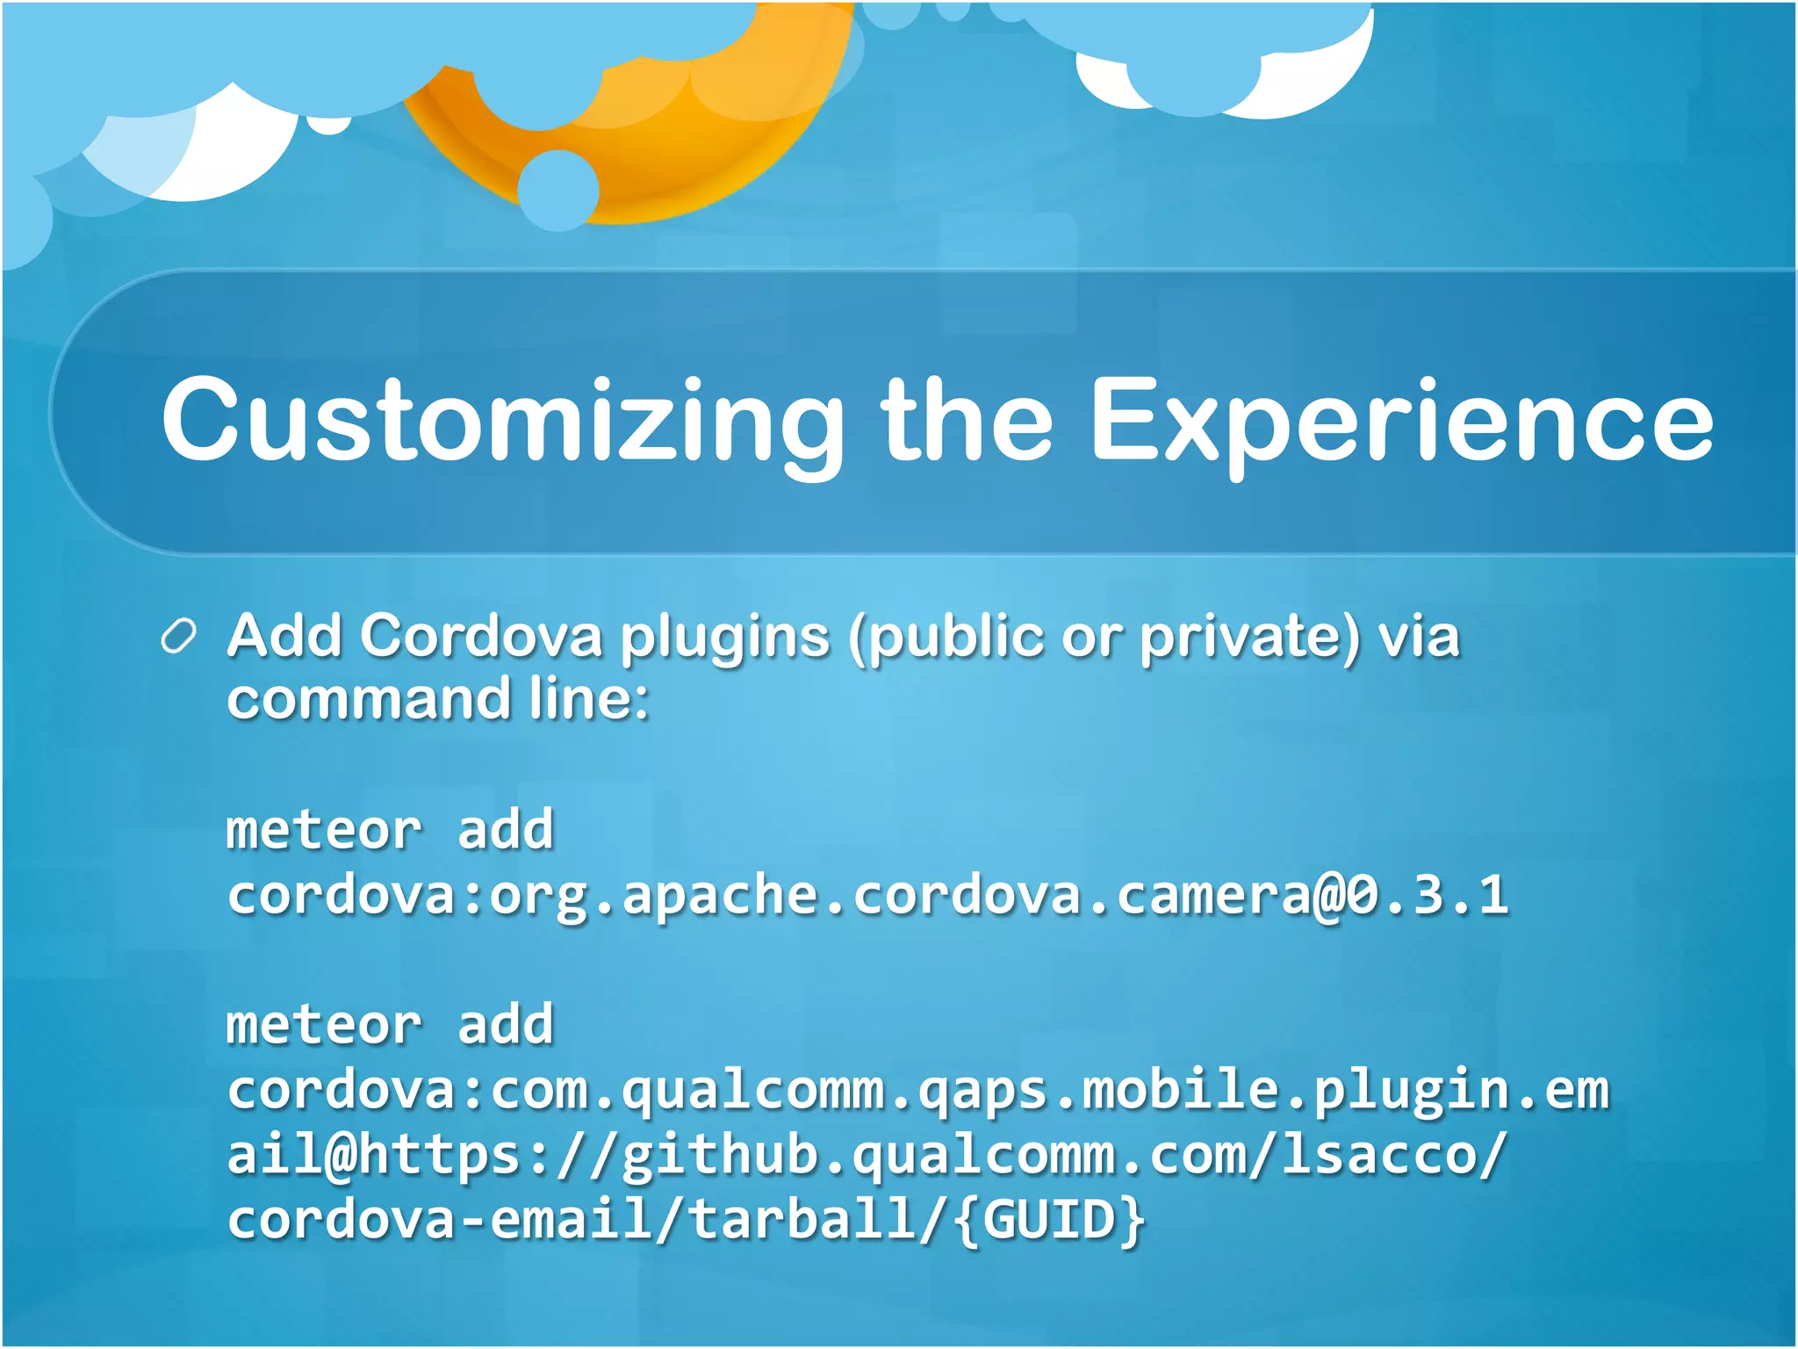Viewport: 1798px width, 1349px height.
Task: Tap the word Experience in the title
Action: (x=1401, y=420)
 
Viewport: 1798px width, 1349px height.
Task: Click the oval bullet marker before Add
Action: (x=179, y=637)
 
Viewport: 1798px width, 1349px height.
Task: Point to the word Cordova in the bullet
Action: (x=480, y=635)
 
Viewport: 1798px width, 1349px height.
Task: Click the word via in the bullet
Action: (x=1418, y=636)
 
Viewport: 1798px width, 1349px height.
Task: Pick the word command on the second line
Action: (x=369, y=699)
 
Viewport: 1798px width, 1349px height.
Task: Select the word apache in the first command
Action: (x=720, y=895)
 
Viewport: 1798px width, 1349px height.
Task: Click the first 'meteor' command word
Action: (x=324, y=830)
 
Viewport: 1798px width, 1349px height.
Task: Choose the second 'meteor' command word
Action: (x=324, y=1025)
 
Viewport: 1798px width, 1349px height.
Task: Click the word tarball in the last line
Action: (x=801, y=1220)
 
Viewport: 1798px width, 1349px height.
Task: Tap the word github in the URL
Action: (x=720, y=1155)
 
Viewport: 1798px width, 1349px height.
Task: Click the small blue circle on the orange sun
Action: (x=557, y=190)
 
